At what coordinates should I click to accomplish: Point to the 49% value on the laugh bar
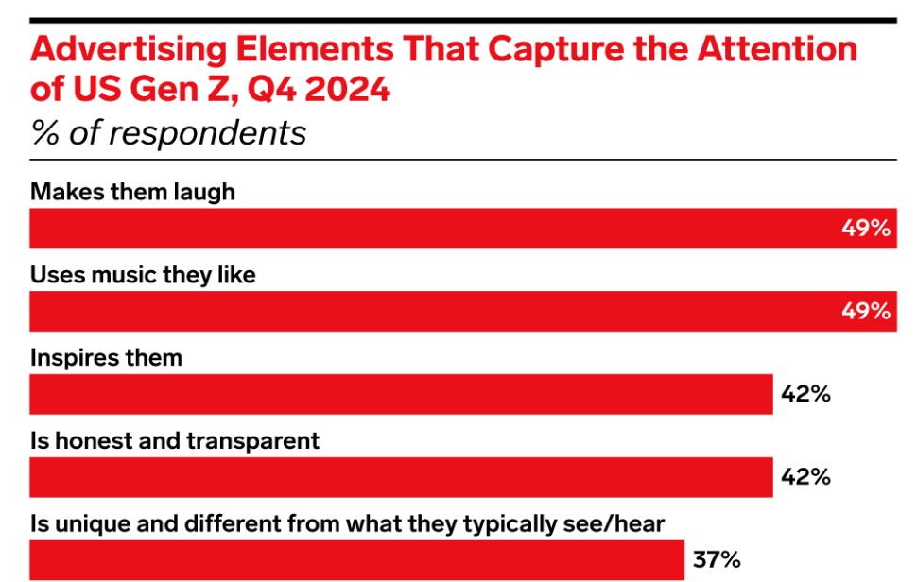coord(866,229)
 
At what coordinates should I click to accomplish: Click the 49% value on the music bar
coord(866,311)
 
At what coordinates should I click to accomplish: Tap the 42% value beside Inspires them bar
coord(805,394)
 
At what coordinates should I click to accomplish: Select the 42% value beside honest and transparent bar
coord(805,477)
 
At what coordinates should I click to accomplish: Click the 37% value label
coord(717,560)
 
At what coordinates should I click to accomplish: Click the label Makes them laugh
coord(132,192)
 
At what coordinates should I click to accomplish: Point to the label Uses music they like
coord(143,275)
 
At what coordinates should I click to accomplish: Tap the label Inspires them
coord(106,358)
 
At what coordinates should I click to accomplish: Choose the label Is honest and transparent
coord(175,441)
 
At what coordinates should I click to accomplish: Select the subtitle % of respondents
coord(168,132)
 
